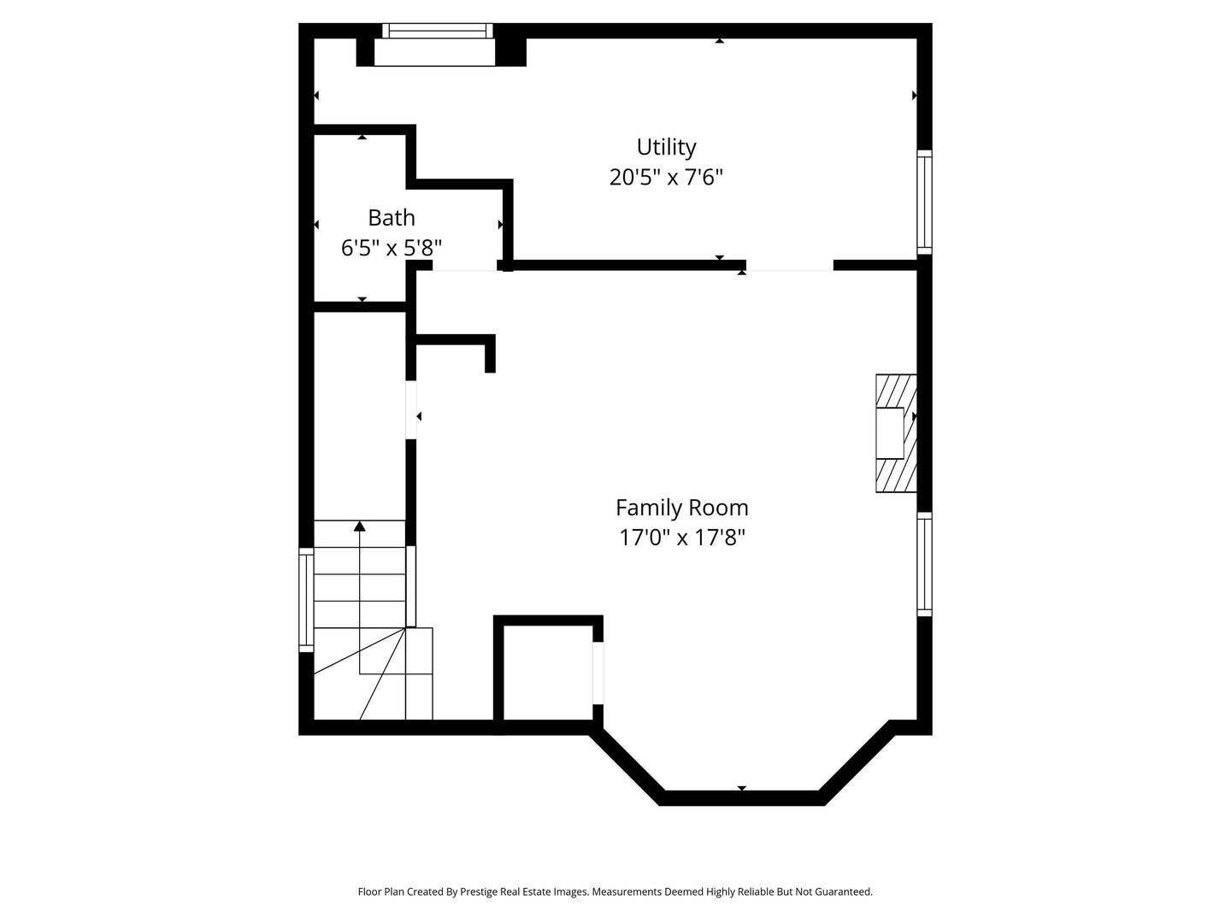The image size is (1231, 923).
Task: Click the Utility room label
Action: [x=666, y=147]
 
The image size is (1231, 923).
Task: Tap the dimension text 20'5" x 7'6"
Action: [x=666, y=178]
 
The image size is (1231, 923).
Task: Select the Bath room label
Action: [x=392, y=217]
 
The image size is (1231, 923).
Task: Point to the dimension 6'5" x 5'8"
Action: [x=392, y=248]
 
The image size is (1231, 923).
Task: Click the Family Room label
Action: [x=681, y=508]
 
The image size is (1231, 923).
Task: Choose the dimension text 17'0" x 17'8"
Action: [x=681, y=538]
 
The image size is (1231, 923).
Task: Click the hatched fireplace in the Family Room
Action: [x=894, y=433]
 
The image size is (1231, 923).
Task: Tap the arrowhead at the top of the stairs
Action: [x=360, y=526]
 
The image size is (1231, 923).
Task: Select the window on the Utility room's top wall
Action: [x=438, y=31]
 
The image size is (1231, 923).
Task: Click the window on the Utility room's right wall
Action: [x=924, y=202]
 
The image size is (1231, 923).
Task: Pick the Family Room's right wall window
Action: [x=924, y=564]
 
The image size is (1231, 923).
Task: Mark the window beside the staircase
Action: [x=305, y=598]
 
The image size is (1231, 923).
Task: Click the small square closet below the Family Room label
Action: [x=548, y=673]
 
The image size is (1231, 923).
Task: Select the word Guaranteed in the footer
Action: [x=845, y=891]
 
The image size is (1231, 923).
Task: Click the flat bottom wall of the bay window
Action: [x=741, y=798]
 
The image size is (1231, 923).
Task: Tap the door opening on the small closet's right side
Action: [x=598, y=673]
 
